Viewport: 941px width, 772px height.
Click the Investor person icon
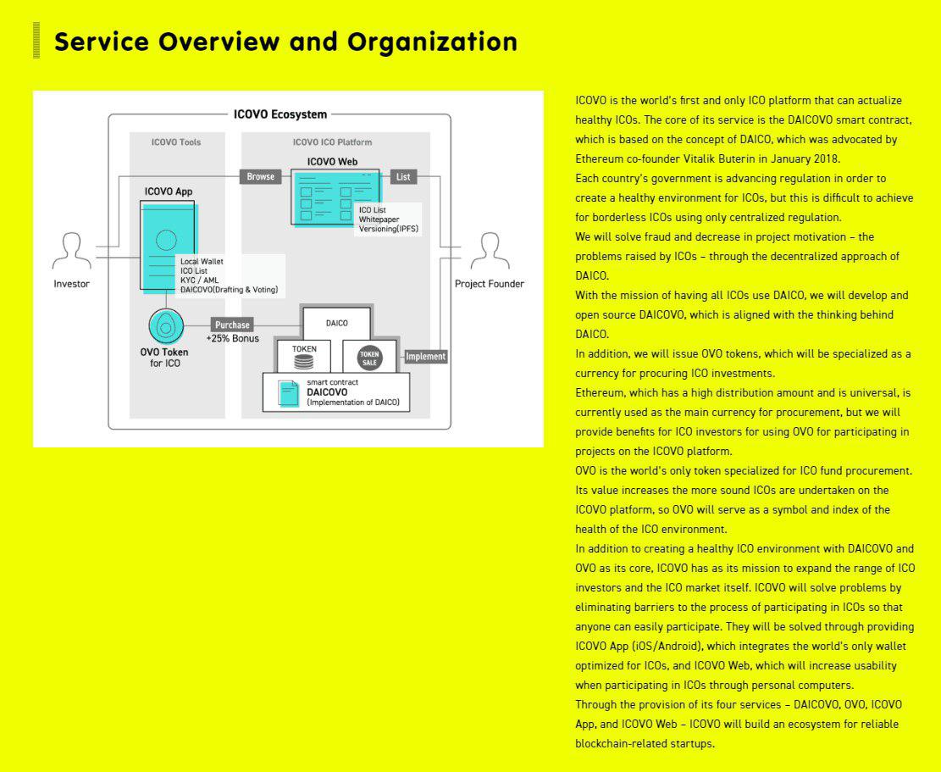click(x=71, y=251)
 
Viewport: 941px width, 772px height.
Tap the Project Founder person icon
click(x=489, y=251)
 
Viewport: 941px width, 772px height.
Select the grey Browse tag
click(x=260, y=176)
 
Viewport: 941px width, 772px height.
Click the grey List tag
click(x=403, y=176)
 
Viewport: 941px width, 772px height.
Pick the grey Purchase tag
click(x=232, y=325)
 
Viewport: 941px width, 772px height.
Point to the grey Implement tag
click(x=425, y=357)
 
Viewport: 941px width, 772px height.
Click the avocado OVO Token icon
click(x=166, y=325)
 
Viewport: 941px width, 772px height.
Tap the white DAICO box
click(x=336, y=324)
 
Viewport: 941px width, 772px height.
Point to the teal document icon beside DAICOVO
click(x=290, y=393)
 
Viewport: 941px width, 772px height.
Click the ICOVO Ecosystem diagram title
click(x=280, y=114)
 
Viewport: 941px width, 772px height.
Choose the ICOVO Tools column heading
click(x=176, y=142)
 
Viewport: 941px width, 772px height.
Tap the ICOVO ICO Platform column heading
click(x=332, y=142)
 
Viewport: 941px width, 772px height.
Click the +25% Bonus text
click(x=232, y=339)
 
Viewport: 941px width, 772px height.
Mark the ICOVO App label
click(x=169, y=192)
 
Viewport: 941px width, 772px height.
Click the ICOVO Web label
click(x=332, y=161)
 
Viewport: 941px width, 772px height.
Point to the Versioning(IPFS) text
click(x=388, y=229)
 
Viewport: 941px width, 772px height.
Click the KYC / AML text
click(x=199, y=280)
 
